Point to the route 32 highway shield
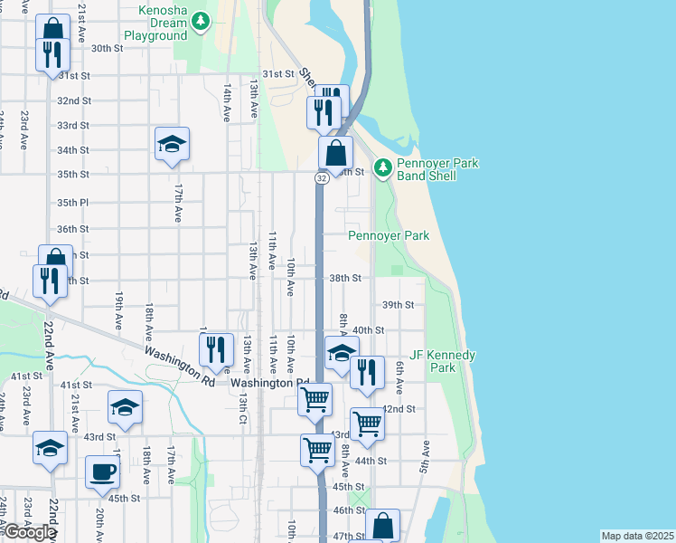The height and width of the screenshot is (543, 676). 322,178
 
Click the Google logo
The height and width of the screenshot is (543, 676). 30,532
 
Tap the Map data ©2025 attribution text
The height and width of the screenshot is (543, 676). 637,536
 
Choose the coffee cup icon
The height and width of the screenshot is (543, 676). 102,472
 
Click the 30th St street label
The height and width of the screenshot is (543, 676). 107,49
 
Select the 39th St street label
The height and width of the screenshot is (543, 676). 398,305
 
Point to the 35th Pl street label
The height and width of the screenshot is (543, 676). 72,204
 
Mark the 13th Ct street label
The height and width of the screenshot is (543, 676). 243,405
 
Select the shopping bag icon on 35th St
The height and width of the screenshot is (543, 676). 335,154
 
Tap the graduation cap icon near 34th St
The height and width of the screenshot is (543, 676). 172,145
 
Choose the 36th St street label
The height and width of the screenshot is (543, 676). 72,229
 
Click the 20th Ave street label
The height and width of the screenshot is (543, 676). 99,524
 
